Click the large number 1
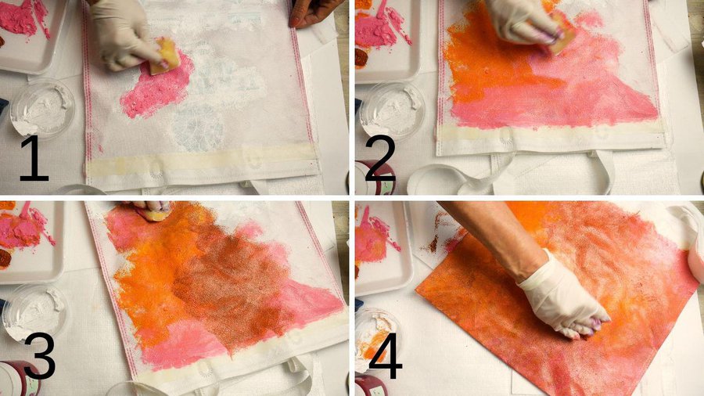pos(34,158)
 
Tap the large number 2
pos(381,158)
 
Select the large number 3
pos(40,355)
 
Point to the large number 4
pos(385,355)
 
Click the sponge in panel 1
pos(164,56)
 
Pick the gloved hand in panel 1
pos(122,34)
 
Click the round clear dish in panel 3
pos(34,312)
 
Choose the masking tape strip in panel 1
pos(202,163)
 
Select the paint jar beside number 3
pos(18,378)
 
